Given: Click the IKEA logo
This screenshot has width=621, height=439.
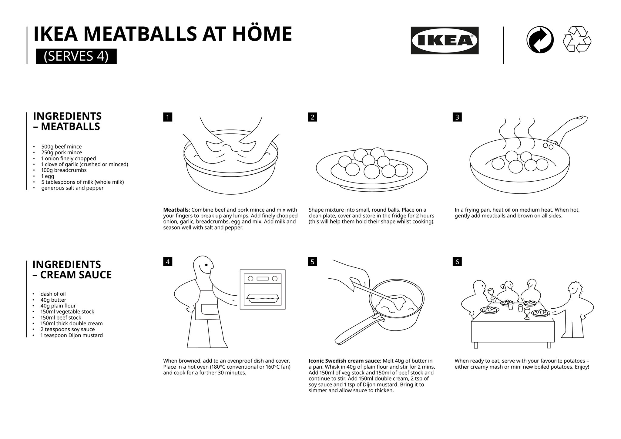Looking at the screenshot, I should pyautogui.click(x=445, y=40).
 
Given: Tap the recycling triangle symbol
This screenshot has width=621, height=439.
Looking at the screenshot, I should pyautogui.click(x=577, y=40).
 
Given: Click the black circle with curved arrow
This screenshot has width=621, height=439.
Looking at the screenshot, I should pyautogui.click(x=540, y=40).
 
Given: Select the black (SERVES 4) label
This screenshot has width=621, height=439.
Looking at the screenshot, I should pyautogui.click(x=76, y=56).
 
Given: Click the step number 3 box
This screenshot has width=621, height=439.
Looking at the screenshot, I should pyautogui.click(x=457, y=117).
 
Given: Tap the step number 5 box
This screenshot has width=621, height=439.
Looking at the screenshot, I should pyautogui.click(x=312, y=262).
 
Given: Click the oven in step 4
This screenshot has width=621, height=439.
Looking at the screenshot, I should pyautogui.click(x=263, y=289).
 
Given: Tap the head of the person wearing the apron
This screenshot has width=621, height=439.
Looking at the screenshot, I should pyautogui.click(x=203, y=267).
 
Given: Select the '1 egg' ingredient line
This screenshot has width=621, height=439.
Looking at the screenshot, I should pyautogui.click(x=48, y=176).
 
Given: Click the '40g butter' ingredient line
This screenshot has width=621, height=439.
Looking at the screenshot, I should pyautogui.click(x=53, y=300).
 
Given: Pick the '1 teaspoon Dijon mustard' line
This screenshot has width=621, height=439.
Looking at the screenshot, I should pyautogui.click(x=72, y=335).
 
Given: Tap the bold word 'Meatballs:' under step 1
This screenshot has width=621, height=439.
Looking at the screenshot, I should pyautogui.click(x=176, y=210).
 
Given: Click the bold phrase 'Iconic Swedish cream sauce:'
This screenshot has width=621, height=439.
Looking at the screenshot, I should pyautogui.click(x=345, y=361).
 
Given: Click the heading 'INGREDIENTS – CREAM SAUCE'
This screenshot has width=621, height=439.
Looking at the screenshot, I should pyautogui.click(x=72, y=270).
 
